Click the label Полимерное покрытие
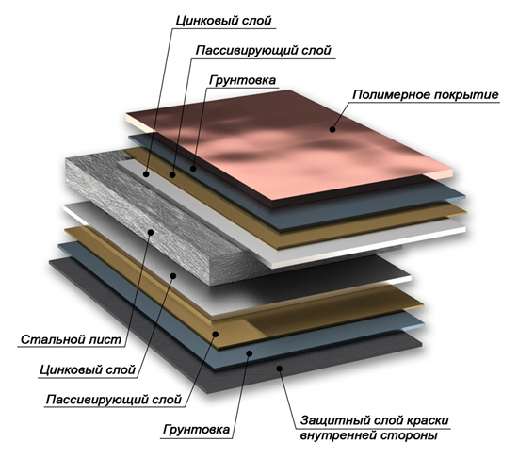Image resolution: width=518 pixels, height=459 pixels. [x=426, y=95]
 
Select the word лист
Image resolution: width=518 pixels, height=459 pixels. [x=105, y=339]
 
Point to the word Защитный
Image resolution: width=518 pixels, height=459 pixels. [x=332, y=420]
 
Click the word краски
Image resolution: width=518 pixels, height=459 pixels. [x=428, y=420]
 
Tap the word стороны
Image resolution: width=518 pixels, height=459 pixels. [x=409, y=435]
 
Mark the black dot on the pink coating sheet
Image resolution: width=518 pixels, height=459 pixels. [x=332, y=130]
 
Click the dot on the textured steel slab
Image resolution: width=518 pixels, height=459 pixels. [x=151, y=232]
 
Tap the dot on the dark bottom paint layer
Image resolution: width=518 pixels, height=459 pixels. [x=279, y=369]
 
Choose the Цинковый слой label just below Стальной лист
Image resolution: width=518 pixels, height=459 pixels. [x=88, y=369]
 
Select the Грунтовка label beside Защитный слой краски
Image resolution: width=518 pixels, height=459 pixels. [x=196, y=429]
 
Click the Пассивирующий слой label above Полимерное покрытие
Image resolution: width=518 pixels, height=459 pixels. [x=264, y=51]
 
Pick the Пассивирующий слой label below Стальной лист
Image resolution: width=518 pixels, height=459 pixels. [x=114, y=400]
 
